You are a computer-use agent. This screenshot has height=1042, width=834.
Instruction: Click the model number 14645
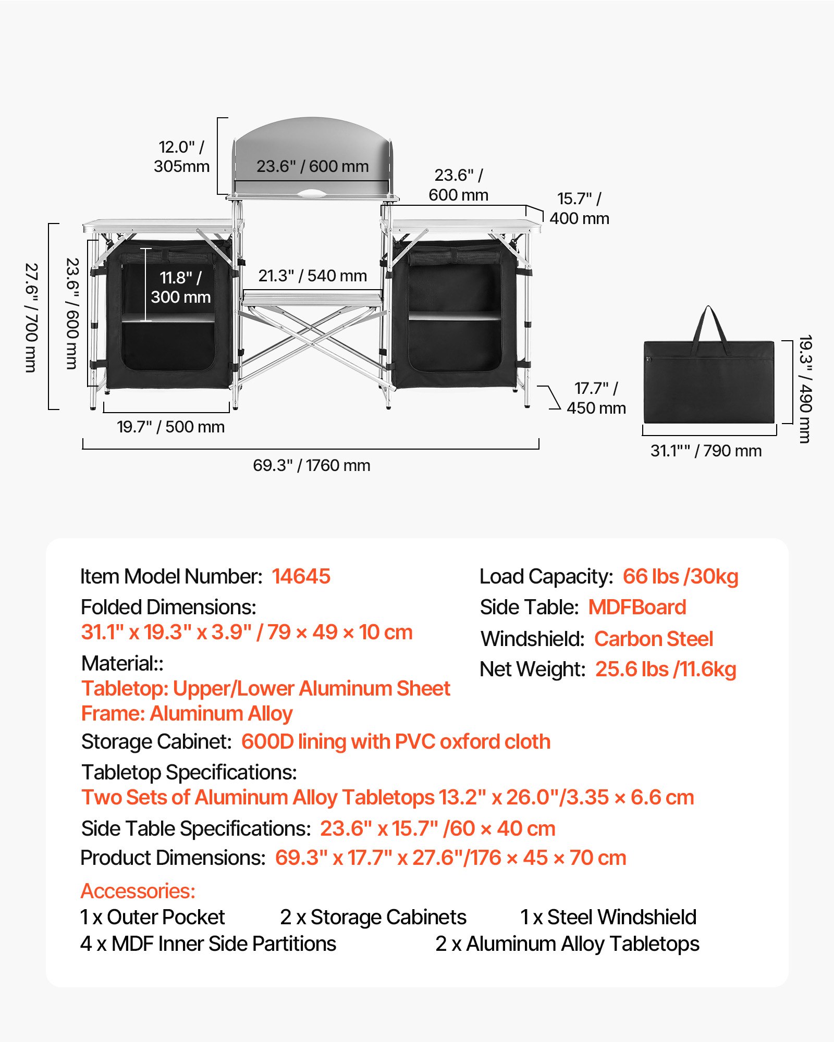coord(301,576)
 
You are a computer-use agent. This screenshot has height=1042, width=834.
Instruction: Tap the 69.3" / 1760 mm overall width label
coord(312,465)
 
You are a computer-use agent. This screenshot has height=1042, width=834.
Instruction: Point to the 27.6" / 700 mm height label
coord(31,318)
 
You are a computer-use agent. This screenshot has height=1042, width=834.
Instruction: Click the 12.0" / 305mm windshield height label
coord(181,156)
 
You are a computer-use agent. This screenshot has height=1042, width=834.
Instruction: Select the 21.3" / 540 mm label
coord(313,276)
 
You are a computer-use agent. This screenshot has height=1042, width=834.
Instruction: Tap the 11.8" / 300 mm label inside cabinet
coord(181,287)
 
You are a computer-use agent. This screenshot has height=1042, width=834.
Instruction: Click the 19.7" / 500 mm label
coord(171,427)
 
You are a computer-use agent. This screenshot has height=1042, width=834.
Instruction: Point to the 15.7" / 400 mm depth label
coord(579,208)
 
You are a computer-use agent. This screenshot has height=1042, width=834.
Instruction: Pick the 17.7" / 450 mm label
coord(596,398)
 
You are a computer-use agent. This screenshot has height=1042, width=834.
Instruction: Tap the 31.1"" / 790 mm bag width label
coord(706,451)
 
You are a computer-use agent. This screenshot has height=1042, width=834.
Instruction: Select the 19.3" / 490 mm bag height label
coord(805,389)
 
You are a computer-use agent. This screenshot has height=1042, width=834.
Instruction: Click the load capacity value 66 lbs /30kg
coord(680,576)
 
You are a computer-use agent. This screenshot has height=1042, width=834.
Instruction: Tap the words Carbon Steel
coord(654,639)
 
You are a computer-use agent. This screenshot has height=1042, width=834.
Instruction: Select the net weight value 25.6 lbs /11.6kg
coord(666,669)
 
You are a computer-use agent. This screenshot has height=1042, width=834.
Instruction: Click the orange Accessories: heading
coord(138,891)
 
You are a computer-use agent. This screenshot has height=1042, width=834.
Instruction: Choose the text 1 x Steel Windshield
coord(608,917)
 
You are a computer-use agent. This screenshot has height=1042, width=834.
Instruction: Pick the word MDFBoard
coord(637,607)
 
